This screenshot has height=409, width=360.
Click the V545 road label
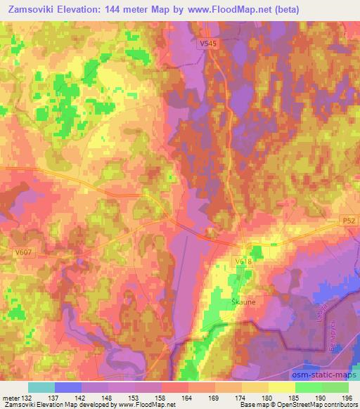(207, 44)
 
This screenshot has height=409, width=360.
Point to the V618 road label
(243, 261)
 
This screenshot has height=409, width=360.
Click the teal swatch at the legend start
(41, 387)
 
